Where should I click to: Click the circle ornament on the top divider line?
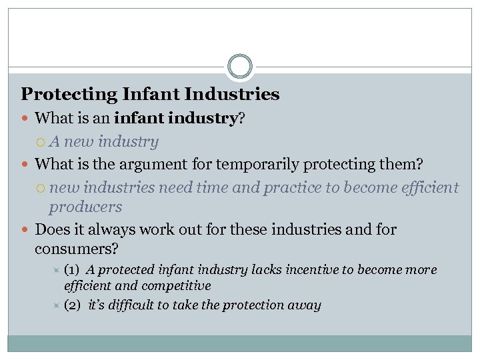coord(240,67)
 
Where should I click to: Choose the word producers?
coord(85,207)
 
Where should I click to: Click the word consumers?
coord(75,249)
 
